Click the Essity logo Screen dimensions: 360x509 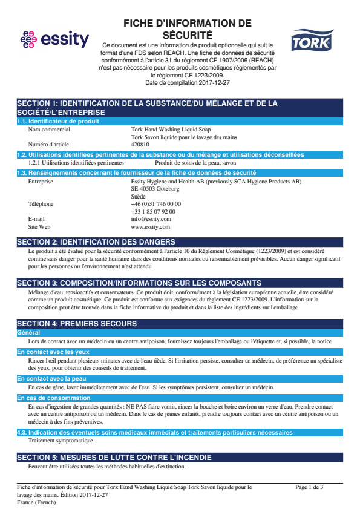point(54,40)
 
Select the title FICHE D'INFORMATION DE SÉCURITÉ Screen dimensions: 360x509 point(187,29)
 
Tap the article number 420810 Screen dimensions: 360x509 point(140,145)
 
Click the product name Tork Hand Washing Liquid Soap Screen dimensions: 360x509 point(171,129)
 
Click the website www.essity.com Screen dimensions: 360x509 point(150,227)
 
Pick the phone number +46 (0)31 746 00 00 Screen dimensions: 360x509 point(156,204)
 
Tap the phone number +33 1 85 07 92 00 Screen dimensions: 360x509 point(153,212)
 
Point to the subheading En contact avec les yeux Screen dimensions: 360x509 point(53,352)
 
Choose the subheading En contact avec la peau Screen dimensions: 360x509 point(52,379)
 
